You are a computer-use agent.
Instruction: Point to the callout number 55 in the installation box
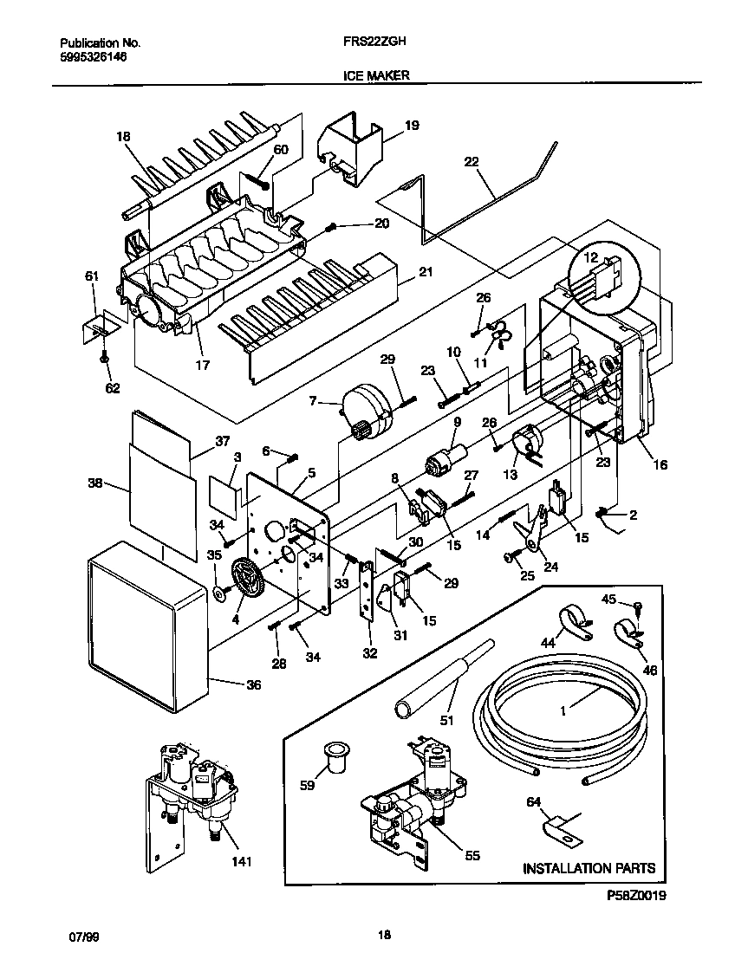pyautogui.click(x=472, y=856)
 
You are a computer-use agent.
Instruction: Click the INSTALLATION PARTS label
pyautogui.click(x=589, y=868)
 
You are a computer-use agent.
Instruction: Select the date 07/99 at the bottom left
pyautogui.click(x=81, y=936)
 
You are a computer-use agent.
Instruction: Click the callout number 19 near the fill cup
pyautogui.click(x=412, y=126)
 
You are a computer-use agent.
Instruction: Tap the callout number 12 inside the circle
pyautogui.click(x=589, y=258)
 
